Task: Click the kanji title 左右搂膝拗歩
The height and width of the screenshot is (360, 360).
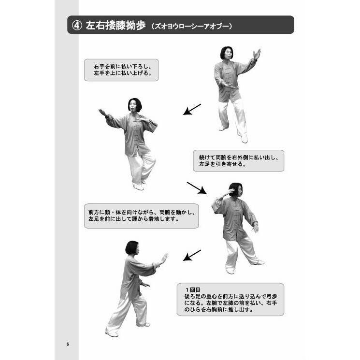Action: (x=115, y=26)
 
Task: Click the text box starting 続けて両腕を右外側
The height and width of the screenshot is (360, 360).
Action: (x=238, y=160)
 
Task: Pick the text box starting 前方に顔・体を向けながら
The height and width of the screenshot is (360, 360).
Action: (x=141, y=216)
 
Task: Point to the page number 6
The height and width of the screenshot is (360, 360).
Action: (x=68, y=344)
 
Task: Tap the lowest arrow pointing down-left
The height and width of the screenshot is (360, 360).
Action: (x=192, y=255)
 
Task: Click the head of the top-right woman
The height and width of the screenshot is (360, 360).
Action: (x=227, y=53)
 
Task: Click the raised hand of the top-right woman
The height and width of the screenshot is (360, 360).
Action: (x=257, y=54)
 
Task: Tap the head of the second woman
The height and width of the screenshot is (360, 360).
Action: (x=135, y=105)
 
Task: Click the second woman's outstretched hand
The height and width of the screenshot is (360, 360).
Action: (x=102, y=113)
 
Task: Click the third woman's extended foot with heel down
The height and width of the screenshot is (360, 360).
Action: (x=259, y=262)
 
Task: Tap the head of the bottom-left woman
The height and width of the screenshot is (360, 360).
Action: (x=131, y=248)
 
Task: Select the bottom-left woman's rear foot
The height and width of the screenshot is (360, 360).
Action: (x=111, y=332)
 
